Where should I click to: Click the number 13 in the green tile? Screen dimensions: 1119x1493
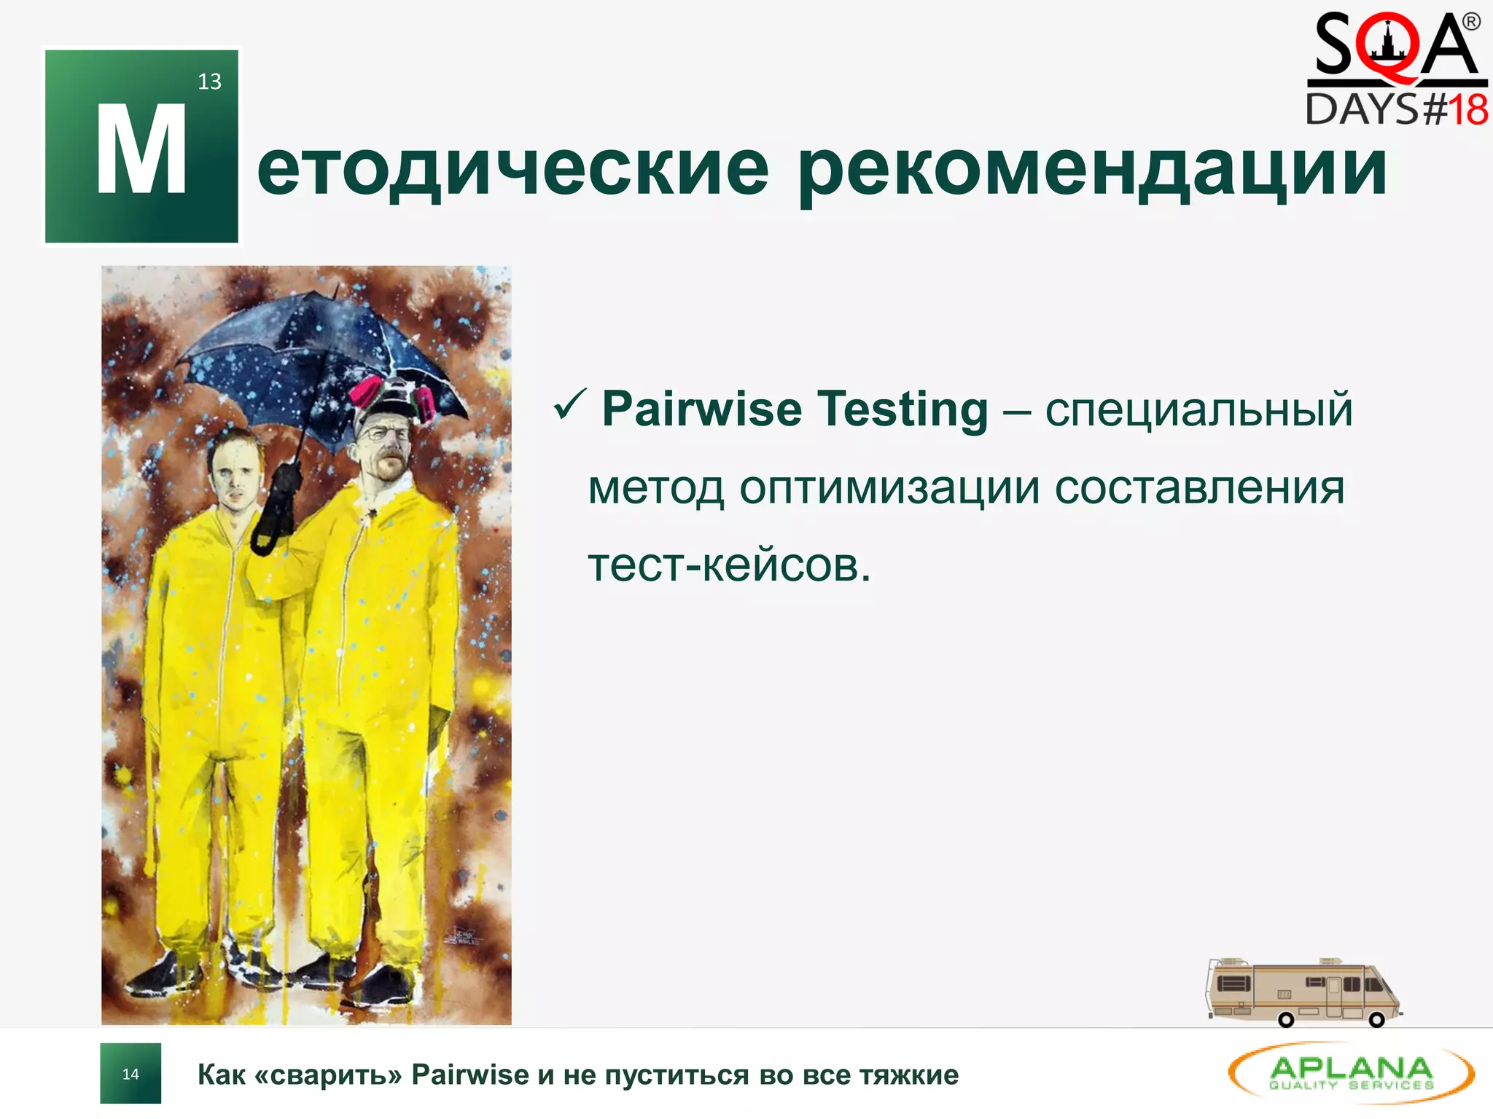pyautogui.click(x=209, y=82)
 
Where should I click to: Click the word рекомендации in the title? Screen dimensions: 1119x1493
pyautogui.click(x=1092, y=171)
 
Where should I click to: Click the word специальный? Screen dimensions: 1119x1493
pyautogui.click(x=1198, y=409)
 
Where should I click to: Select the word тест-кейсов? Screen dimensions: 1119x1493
pyautogui.click(x=729, y=565)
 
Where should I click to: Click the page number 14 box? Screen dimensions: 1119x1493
pyautogui.click(x=130, y=1074)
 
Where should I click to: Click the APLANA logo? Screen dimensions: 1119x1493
pyautogui.click(x=1351, y=1073)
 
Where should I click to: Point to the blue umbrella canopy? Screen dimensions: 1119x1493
pyautogui.click(x=306, y=350)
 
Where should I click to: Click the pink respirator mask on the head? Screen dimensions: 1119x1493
pyautogui.click(x=365, y=393)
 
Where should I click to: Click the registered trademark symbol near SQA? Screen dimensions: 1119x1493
pyautogui.click(x=1471, y=22)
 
